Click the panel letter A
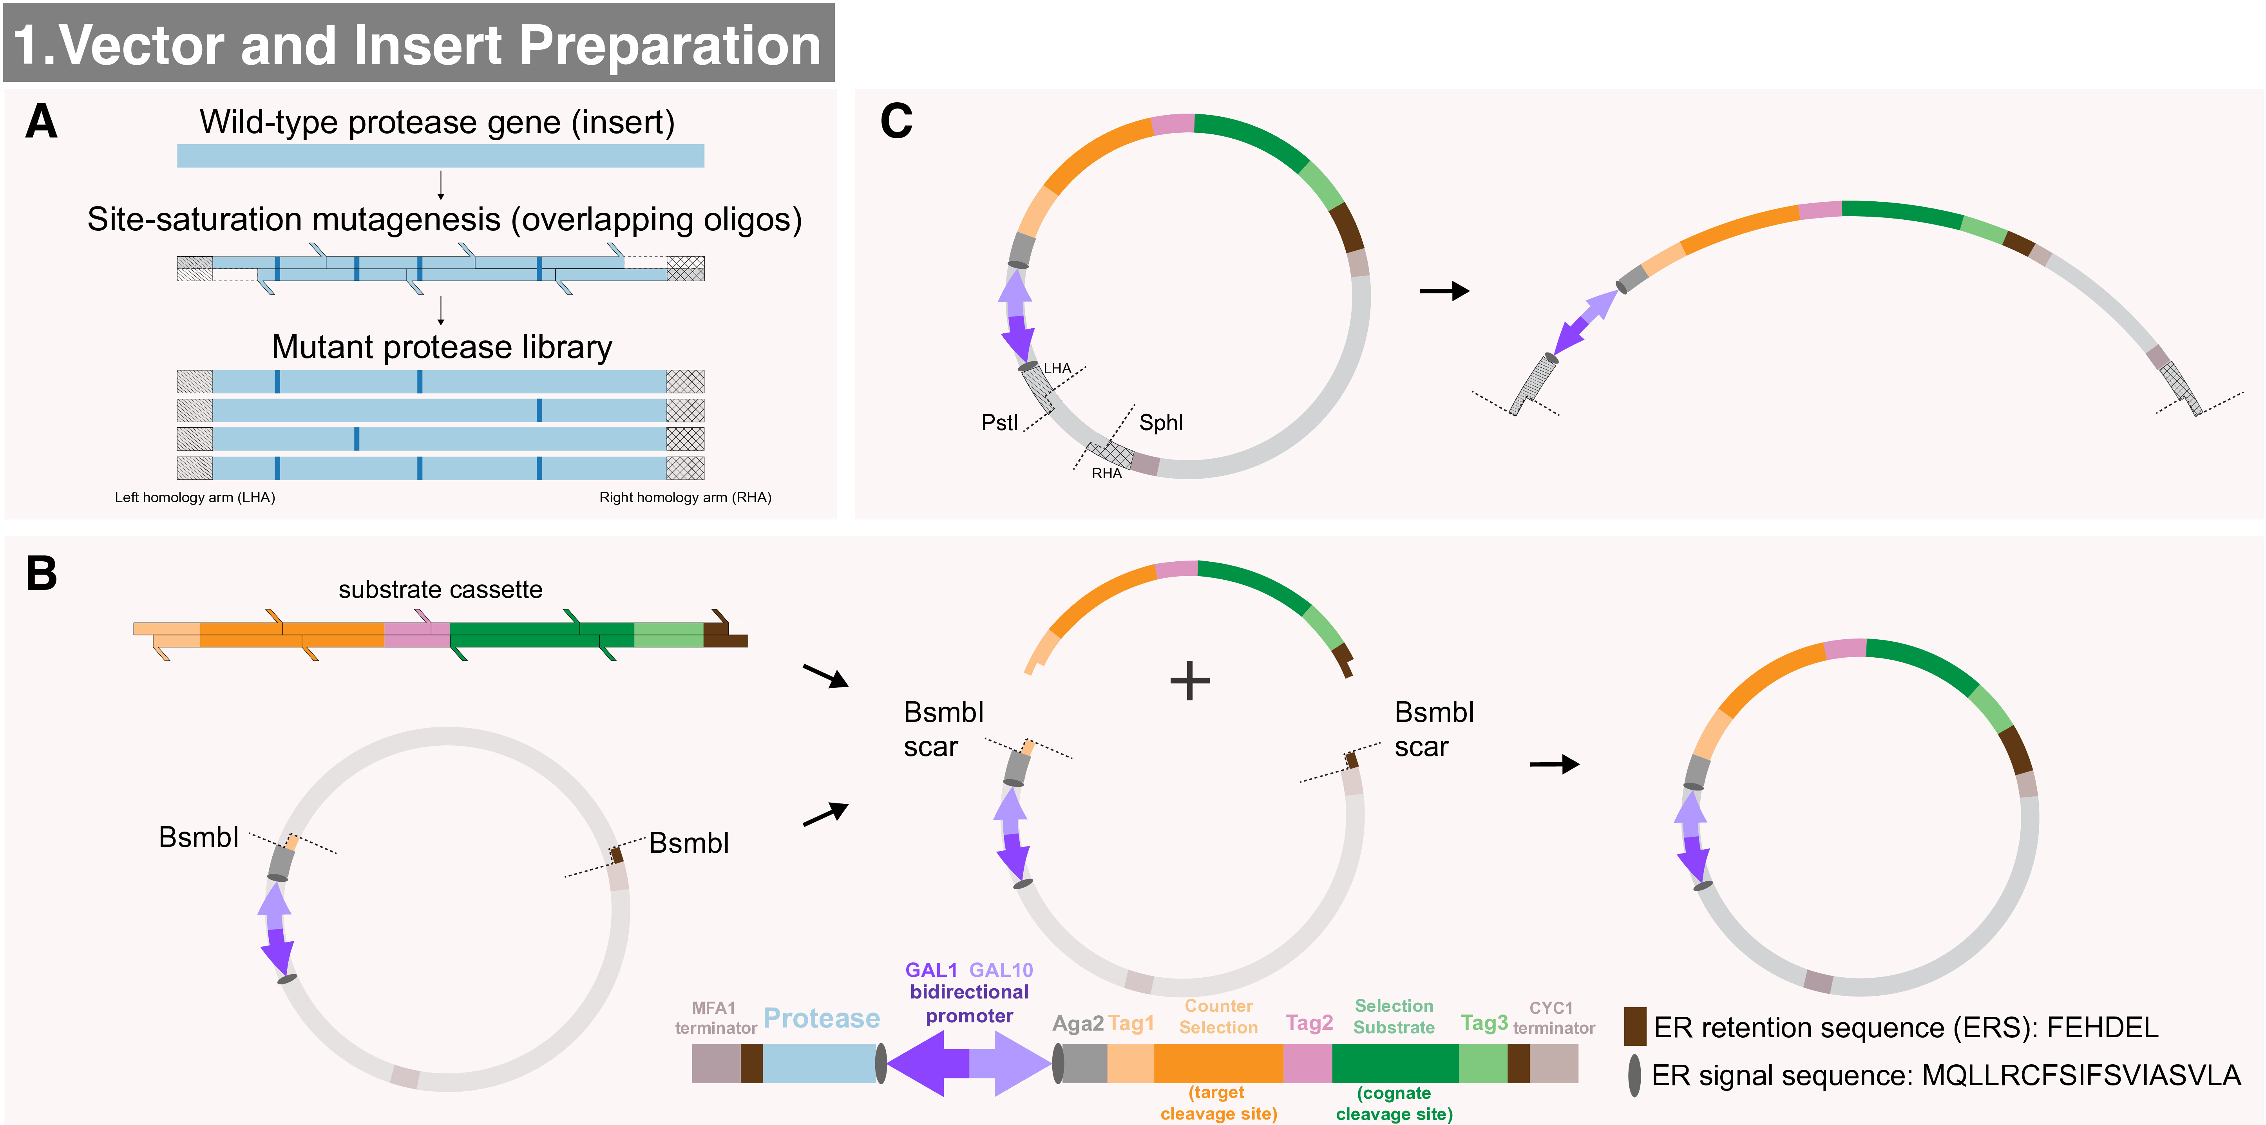coord(42,121)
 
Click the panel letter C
coord(896,121)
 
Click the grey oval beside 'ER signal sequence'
coord(1634,1075)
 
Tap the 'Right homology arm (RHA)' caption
coord(685,497)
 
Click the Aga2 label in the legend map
coord(1078,1023)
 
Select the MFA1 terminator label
coord(715,1018)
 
